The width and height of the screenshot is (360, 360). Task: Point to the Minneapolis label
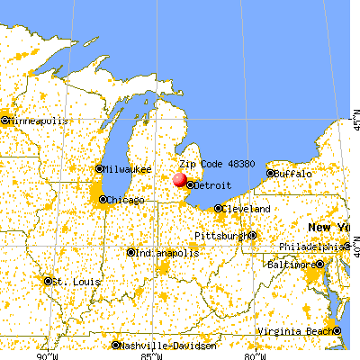(x=37, y=120)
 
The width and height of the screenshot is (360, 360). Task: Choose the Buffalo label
(x=293, y=173)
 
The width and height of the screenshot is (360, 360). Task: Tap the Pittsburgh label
(x=220, y=236)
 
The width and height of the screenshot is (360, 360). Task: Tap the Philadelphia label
(x=310, y=246)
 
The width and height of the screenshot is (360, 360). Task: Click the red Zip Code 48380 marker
(x=181, y=180)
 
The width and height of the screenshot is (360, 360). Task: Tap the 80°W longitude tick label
(x=253, y=355)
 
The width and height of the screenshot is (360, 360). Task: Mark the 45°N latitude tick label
(x=355, y=116)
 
